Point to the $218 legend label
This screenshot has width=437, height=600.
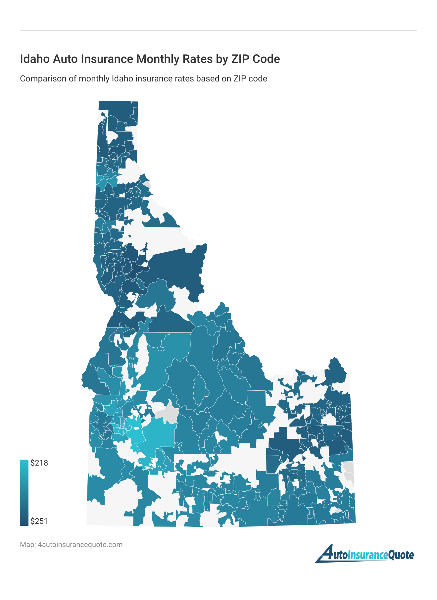tap(39, 463)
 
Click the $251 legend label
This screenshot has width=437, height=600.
tap(39, 521)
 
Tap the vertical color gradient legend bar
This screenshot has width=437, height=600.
tap(24, 492)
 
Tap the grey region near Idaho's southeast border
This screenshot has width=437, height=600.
tap(348, 470)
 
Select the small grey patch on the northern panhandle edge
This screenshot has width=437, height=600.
tap(147, 184)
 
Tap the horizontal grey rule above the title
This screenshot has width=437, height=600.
tap(218, 30)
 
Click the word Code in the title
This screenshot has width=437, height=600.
tap(267, 59)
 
